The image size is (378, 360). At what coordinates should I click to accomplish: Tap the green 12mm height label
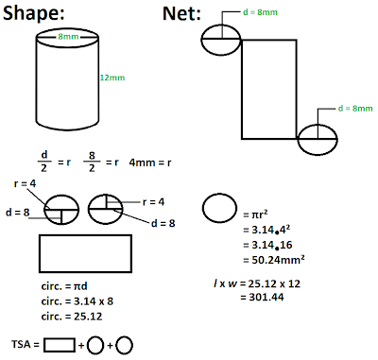112,77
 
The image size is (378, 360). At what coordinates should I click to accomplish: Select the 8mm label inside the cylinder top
67,36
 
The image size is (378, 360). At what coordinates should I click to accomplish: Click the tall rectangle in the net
270,92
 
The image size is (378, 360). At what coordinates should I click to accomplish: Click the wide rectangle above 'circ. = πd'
85,253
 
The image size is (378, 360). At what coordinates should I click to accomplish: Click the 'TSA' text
21,345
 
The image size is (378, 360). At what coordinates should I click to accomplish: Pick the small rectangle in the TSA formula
59,345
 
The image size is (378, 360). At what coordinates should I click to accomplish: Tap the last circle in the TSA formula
124,345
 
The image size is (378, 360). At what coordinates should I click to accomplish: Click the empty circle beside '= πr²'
220,207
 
